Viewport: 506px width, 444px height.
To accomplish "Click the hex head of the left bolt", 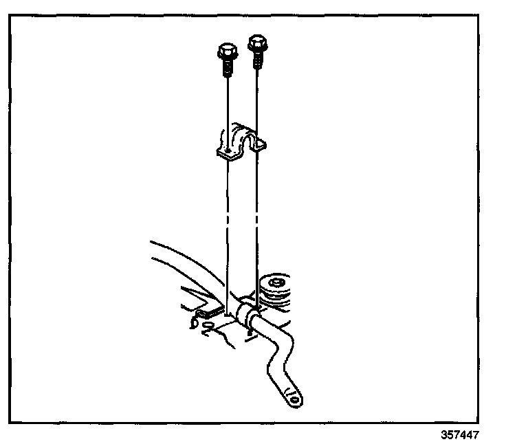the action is (225, 52).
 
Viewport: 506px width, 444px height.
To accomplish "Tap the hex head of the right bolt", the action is (257, 42).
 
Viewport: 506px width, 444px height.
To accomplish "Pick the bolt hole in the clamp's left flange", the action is (227, 151).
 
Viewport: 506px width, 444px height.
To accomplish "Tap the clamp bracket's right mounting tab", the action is (261, 144).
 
